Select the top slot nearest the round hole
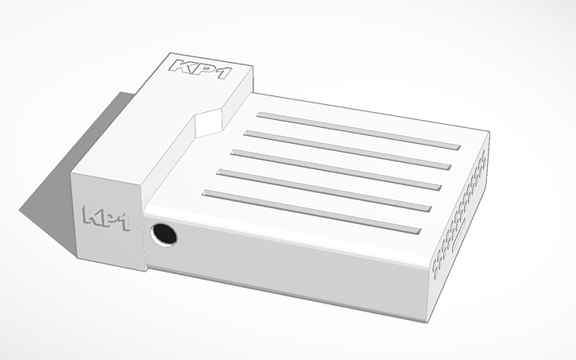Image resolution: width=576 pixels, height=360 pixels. pyautogui.click(x=310, y=212)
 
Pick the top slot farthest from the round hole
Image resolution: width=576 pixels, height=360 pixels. pyautogui.click(x=358, y=130)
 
